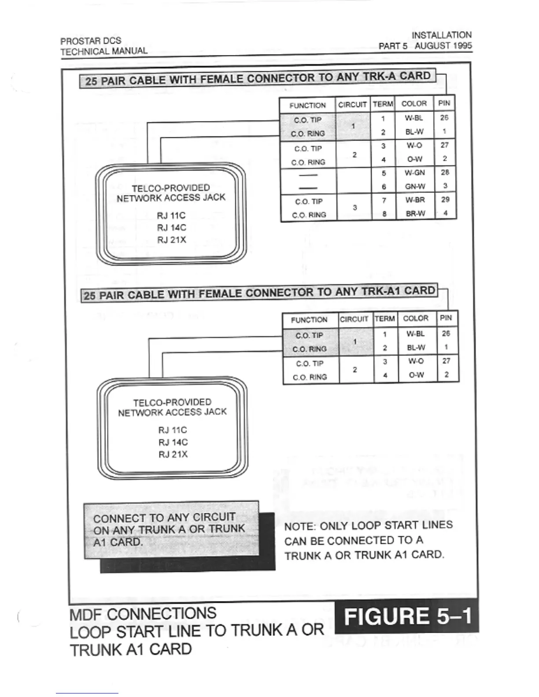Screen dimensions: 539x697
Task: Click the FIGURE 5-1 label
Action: click(x=407, y=616)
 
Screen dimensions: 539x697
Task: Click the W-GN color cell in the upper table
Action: click(x=415, y=173)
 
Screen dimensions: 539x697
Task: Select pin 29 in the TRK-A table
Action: click(x=445, y=200)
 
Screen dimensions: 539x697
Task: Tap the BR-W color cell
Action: click(x=415, y=213)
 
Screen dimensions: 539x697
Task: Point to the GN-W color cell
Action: click(x=415, y=187)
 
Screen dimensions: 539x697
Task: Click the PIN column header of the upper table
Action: click(x=444, y=103)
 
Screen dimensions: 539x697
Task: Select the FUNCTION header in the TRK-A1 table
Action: click(x=309, y=320)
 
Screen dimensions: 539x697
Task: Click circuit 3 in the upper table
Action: click(x=354, y=207)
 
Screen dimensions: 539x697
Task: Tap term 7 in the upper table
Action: click(x=384, y=201)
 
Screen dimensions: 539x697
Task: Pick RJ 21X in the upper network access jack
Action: click(x=172, y=240)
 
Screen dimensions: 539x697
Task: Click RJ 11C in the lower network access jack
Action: click(x=173, y=430)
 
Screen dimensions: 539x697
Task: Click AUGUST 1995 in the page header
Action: click(x=443, y=45)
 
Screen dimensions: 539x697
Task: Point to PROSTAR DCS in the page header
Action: click(x=91, y=41)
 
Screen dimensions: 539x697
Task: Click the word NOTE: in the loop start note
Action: click(x=300, y=527)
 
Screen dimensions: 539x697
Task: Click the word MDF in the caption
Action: click(x=86, y=614)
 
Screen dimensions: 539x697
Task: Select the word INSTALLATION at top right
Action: click(x=441, y=35)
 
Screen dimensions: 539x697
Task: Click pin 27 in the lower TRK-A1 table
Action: click(x=446, y=361)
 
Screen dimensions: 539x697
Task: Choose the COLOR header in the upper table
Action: click(x=414, y=103)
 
